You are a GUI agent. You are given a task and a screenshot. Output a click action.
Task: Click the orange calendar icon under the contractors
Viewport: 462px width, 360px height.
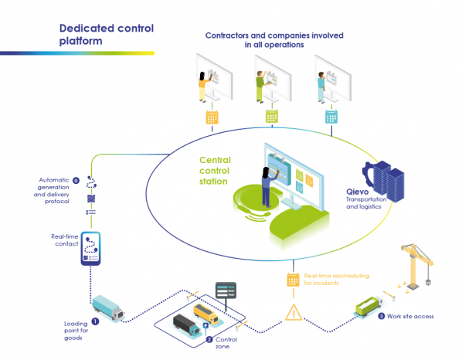[212, 117]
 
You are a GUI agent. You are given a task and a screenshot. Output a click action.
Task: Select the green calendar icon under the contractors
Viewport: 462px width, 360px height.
[272, 116]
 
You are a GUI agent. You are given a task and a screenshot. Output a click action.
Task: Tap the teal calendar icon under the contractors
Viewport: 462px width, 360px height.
[331, 117]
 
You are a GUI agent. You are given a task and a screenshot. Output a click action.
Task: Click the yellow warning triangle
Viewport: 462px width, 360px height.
[294, 312]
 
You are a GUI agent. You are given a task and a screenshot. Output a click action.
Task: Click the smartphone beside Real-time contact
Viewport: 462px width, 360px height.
[90, 248]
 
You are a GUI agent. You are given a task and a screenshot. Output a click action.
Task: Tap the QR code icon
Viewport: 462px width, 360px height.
[91, 199]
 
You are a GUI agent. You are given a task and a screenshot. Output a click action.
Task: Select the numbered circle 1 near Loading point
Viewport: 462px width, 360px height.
[95, 321]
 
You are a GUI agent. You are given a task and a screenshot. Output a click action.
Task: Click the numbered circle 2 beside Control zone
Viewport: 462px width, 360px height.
[209, 340]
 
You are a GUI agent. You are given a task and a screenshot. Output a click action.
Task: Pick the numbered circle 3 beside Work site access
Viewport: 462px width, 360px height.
[382, 317]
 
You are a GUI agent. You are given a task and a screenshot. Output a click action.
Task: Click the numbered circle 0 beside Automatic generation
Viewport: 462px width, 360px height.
[76, 180]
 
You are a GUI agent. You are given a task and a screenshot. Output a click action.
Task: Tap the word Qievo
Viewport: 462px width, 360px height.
[357, 192]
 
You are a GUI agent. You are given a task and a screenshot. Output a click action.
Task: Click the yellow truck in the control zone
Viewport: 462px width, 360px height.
[206, 314]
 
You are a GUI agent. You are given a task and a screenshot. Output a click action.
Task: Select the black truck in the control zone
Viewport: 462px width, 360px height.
[187, 324]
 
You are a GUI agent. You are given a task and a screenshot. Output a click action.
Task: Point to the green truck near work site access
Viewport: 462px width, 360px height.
[369, 307]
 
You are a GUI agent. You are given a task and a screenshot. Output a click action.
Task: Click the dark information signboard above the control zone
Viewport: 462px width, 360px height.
[226, 290]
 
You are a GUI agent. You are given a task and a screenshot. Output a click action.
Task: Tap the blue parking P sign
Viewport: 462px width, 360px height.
[206, 325]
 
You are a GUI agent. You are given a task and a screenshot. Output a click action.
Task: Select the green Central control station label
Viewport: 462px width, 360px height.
[215, 171]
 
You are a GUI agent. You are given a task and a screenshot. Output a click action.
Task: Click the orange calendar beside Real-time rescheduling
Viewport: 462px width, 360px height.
[293, 280]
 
